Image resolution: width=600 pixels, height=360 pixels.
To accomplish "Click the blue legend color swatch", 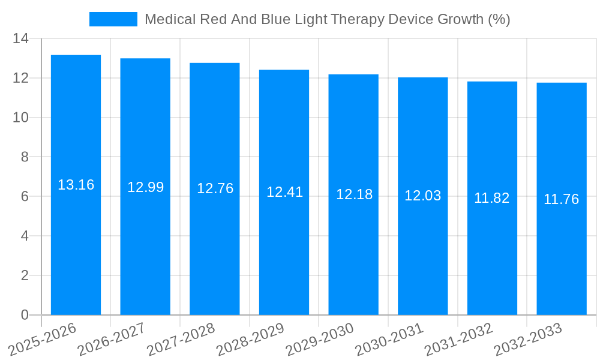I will (x=113, y=19).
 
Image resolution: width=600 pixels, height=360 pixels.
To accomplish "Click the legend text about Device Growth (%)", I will (x=327, y=19).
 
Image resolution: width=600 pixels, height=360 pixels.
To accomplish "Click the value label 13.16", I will (x=76, y=185).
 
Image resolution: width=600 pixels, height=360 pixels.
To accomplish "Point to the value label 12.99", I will (x=145, y=187).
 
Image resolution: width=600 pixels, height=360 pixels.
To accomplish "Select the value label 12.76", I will (x=215, y=188).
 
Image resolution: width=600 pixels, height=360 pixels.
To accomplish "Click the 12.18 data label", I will (x=354, y=194).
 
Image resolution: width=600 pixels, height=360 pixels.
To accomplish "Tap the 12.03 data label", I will (x=422, y=196).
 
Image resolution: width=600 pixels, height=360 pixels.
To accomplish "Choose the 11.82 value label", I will (x=491, y=198).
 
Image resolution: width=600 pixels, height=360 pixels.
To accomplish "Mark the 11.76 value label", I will (x=561, y=199).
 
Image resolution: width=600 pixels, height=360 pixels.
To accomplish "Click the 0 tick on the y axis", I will (x=25, y=315).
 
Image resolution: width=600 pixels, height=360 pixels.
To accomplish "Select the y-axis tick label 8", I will (x=25, y=157).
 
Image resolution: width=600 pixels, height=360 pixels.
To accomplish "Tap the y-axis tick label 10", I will (x=20, y=118).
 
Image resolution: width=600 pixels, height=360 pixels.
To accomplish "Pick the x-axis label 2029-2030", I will (x=320, y=339).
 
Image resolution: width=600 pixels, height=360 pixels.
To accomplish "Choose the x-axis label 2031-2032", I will (x=459, y=339).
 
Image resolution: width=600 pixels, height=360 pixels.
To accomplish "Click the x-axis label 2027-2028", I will (x=181, y=339).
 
